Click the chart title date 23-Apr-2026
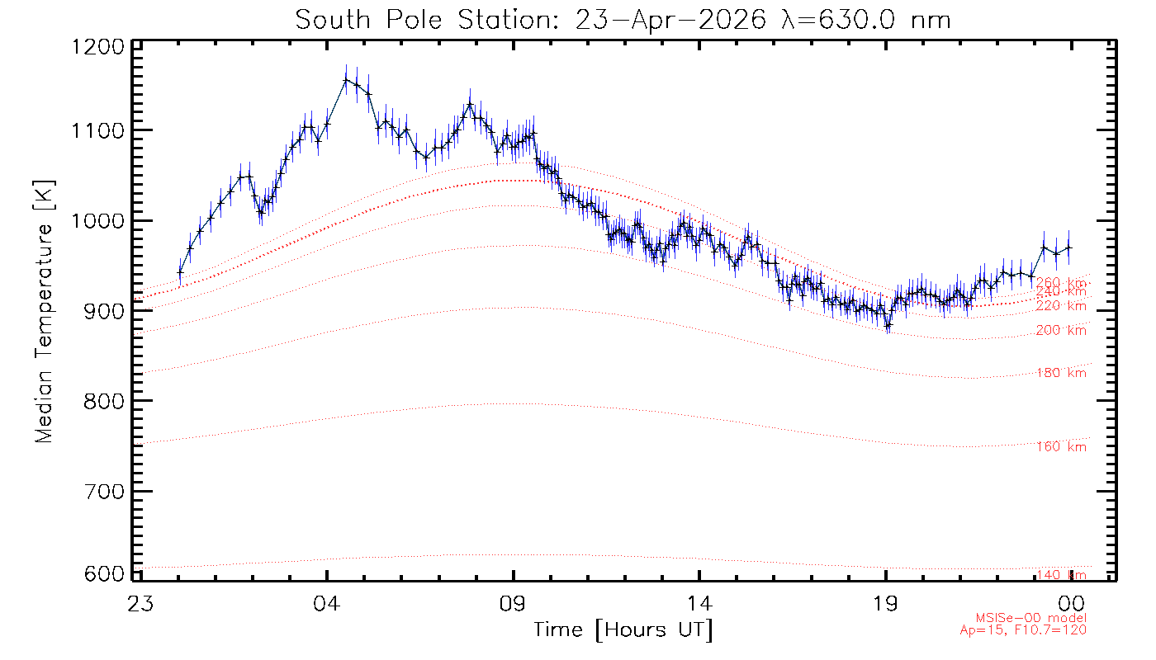670,21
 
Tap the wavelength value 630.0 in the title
857,21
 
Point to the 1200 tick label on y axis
98,47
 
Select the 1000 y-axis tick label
98,221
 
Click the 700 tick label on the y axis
104,492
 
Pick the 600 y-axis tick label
104,573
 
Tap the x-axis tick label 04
327,603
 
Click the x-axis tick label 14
699,603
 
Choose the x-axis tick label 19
885,603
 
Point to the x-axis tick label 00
1072,603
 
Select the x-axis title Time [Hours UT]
623,630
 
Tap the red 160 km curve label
1062,446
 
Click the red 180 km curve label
1062,373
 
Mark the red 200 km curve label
1062,330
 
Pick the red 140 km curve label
1062,575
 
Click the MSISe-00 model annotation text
1031,618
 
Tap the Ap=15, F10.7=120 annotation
1023,630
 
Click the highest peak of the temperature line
346,80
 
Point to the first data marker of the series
180,272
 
